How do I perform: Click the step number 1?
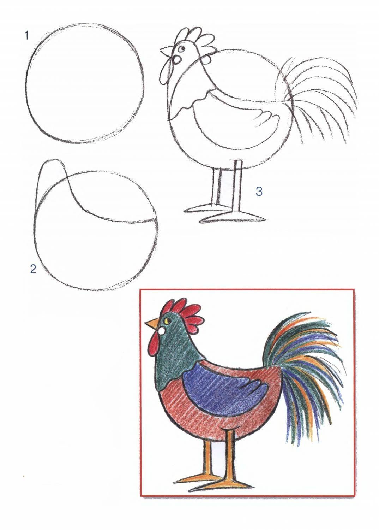pos(27,36)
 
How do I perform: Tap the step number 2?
pos(33,269)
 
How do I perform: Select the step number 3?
pos(259,191)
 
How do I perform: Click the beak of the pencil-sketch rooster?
pos(167,51)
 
